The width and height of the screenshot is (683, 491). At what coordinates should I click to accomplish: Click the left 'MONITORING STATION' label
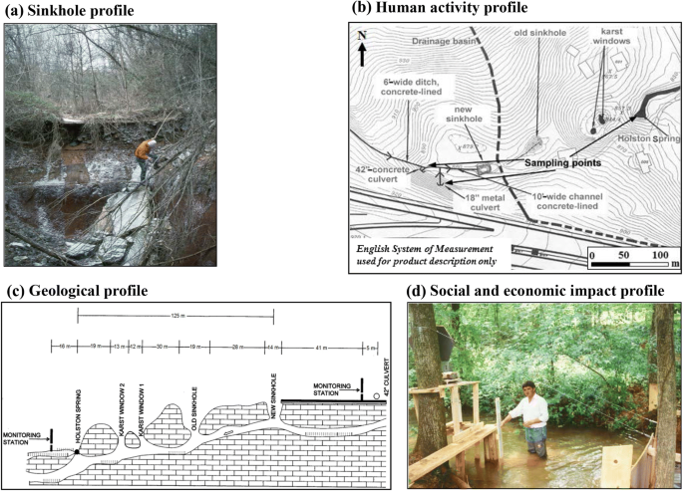22,439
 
